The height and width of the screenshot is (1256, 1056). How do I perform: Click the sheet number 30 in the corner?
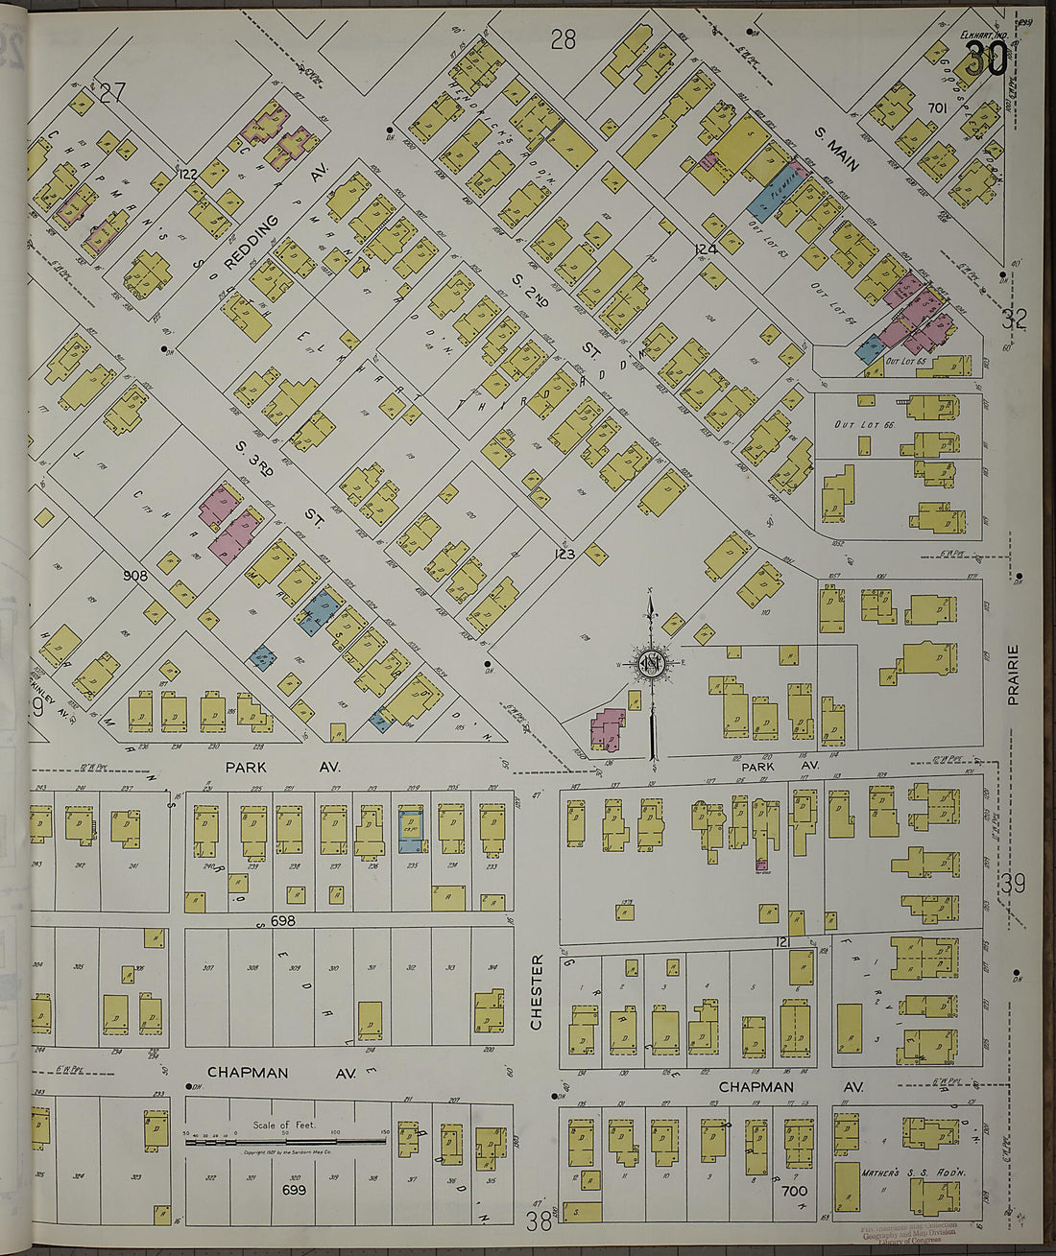coord(986,59)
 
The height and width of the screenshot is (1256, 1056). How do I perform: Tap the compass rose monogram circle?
coord(652,662)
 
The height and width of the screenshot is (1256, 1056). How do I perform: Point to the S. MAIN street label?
coord(836,151)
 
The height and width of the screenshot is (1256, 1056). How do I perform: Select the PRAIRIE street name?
coord(1012,675)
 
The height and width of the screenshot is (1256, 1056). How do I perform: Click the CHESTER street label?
coord(537,992)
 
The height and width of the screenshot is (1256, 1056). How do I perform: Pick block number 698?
coord(282,921)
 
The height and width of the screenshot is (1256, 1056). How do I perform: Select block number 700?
coord(794,1192)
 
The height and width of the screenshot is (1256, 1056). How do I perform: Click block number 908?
coord(135,576)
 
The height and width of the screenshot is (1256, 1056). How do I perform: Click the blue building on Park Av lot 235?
coord(413,828)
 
